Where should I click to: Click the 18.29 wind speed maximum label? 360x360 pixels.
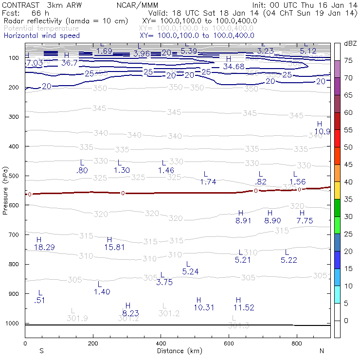(x=44, y=248)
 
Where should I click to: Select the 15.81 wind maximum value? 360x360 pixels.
(x=114, y=248)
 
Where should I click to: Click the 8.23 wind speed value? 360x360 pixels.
(x=130, y=313)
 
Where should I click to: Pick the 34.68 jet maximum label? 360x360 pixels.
(x=234, y=67)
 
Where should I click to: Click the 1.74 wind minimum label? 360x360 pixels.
(x=208, y=182)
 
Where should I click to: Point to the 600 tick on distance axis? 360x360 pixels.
(x=229, y=343)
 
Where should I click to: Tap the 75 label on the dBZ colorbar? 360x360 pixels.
(x=349, y=61)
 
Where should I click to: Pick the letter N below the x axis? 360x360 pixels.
(x=322, y=351)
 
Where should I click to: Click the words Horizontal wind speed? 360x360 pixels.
(x=41, y=36)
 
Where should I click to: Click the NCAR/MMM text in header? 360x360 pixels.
(x=137, y=5)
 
